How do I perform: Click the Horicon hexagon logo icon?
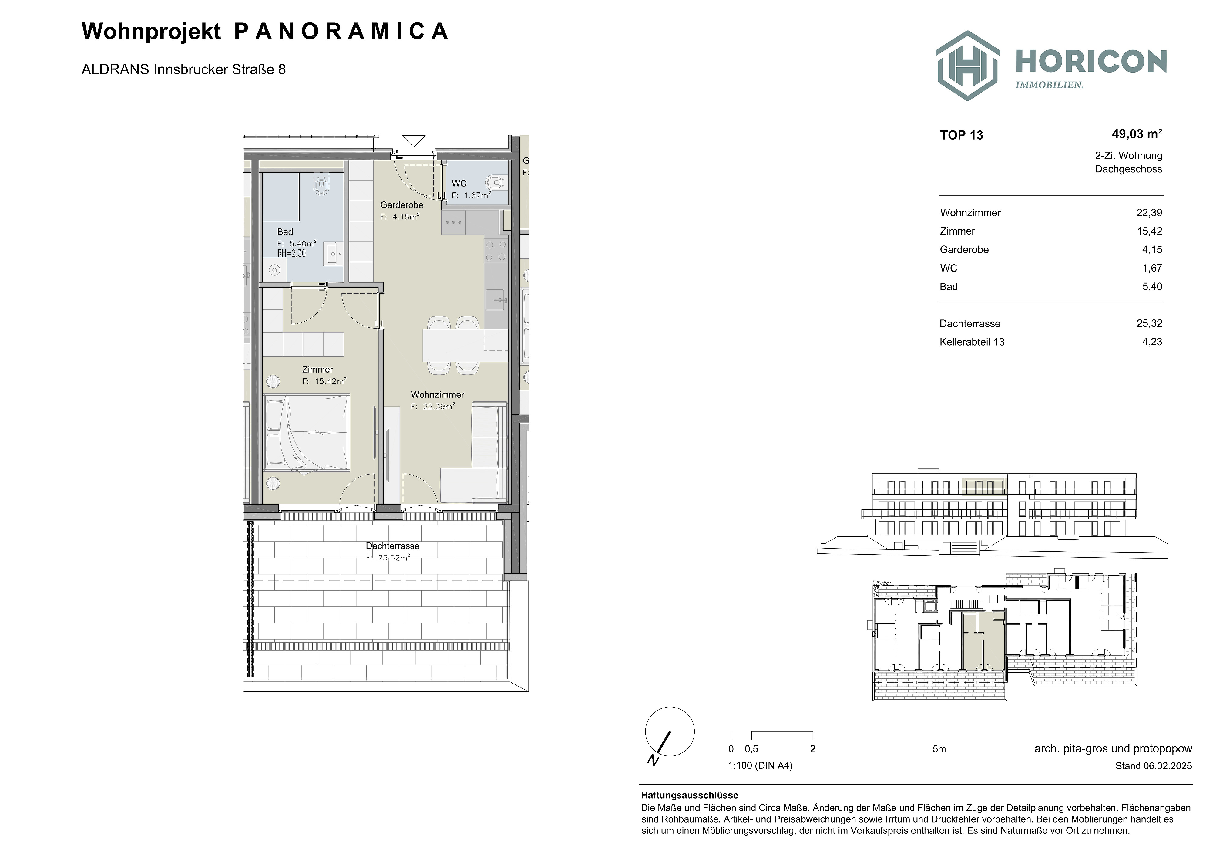[967, 66]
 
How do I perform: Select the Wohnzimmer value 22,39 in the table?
[1149, 212]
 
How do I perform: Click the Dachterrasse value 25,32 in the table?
[1149, 323]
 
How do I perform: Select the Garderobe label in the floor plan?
[402, 205]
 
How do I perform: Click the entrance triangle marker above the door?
[414, 140]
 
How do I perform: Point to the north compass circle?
[669, 732]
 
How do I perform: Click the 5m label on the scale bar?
[939, 748]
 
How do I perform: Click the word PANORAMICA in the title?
[341, 32]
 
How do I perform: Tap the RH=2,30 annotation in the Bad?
[292, 253]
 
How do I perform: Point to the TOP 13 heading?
[962, 135]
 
